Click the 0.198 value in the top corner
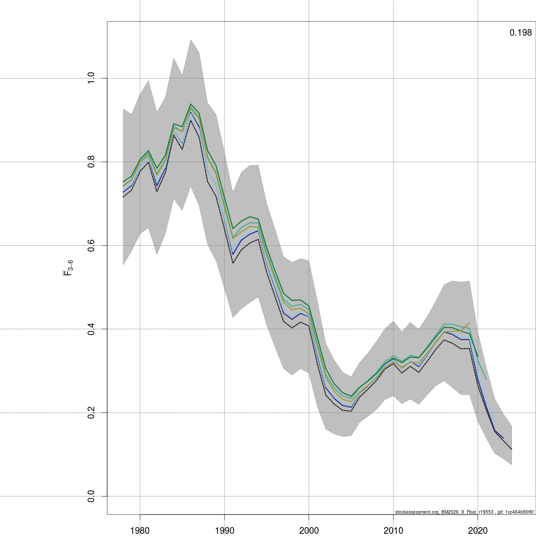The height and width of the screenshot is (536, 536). click(x=520, y=33)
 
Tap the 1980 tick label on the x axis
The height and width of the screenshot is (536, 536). click(x=140, y=530)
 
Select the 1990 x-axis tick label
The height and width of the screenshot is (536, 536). click(x=225, y=530)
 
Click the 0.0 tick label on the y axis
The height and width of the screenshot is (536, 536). click(x=91, y=496)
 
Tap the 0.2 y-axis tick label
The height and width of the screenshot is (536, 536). click(x=91, y=413)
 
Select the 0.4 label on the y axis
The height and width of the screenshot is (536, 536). click(x=91, y=329)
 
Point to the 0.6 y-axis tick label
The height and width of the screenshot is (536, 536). click(x=91, y=246)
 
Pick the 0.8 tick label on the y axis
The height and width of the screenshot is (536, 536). click(x=91, y=162)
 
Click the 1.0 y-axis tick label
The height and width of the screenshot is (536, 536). click(x=91, y=78)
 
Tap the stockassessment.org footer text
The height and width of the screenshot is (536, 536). click(x=464, y=512)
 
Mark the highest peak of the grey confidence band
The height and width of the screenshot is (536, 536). click(x=191, y=40)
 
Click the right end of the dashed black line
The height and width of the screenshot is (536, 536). click(x=511, y=449)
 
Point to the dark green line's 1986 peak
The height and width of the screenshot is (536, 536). click(x=191, y=104)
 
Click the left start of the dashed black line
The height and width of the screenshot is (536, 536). click(x=123, y=197)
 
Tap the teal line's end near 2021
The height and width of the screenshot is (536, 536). click(x=486, y=379)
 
